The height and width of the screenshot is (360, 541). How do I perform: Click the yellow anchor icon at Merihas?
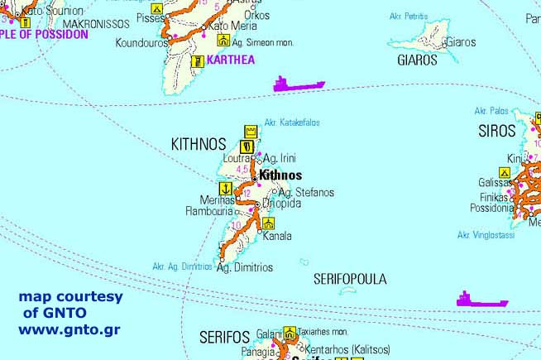[225, 187]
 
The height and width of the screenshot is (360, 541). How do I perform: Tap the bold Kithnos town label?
[280, 175]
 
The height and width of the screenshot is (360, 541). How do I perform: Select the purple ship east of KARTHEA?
[299, 84]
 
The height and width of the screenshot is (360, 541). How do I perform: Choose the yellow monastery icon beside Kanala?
[267, 223]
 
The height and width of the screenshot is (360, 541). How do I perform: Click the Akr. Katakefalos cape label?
[291, 122]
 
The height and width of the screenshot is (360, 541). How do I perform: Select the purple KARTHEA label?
[231, 60]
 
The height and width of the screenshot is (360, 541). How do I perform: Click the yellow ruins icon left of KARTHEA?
[197, 60]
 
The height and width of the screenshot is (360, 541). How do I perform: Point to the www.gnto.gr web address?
[69, 329]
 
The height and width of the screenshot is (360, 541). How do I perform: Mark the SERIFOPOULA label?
[350, 280]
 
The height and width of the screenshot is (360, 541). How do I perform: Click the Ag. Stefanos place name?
[306, 192]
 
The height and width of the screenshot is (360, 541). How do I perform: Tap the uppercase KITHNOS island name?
[199, 143]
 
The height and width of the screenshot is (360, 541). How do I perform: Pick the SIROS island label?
[497, 131]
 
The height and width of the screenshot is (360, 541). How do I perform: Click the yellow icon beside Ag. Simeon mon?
[222, 40]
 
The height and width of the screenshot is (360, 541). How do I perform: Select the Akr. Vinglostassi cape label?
[486, 235]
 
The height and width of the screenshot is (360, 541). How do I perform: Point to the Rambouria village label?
[210, 210]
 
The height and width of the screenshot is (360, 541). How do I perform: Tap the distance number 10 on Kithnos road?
[237, 225]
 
